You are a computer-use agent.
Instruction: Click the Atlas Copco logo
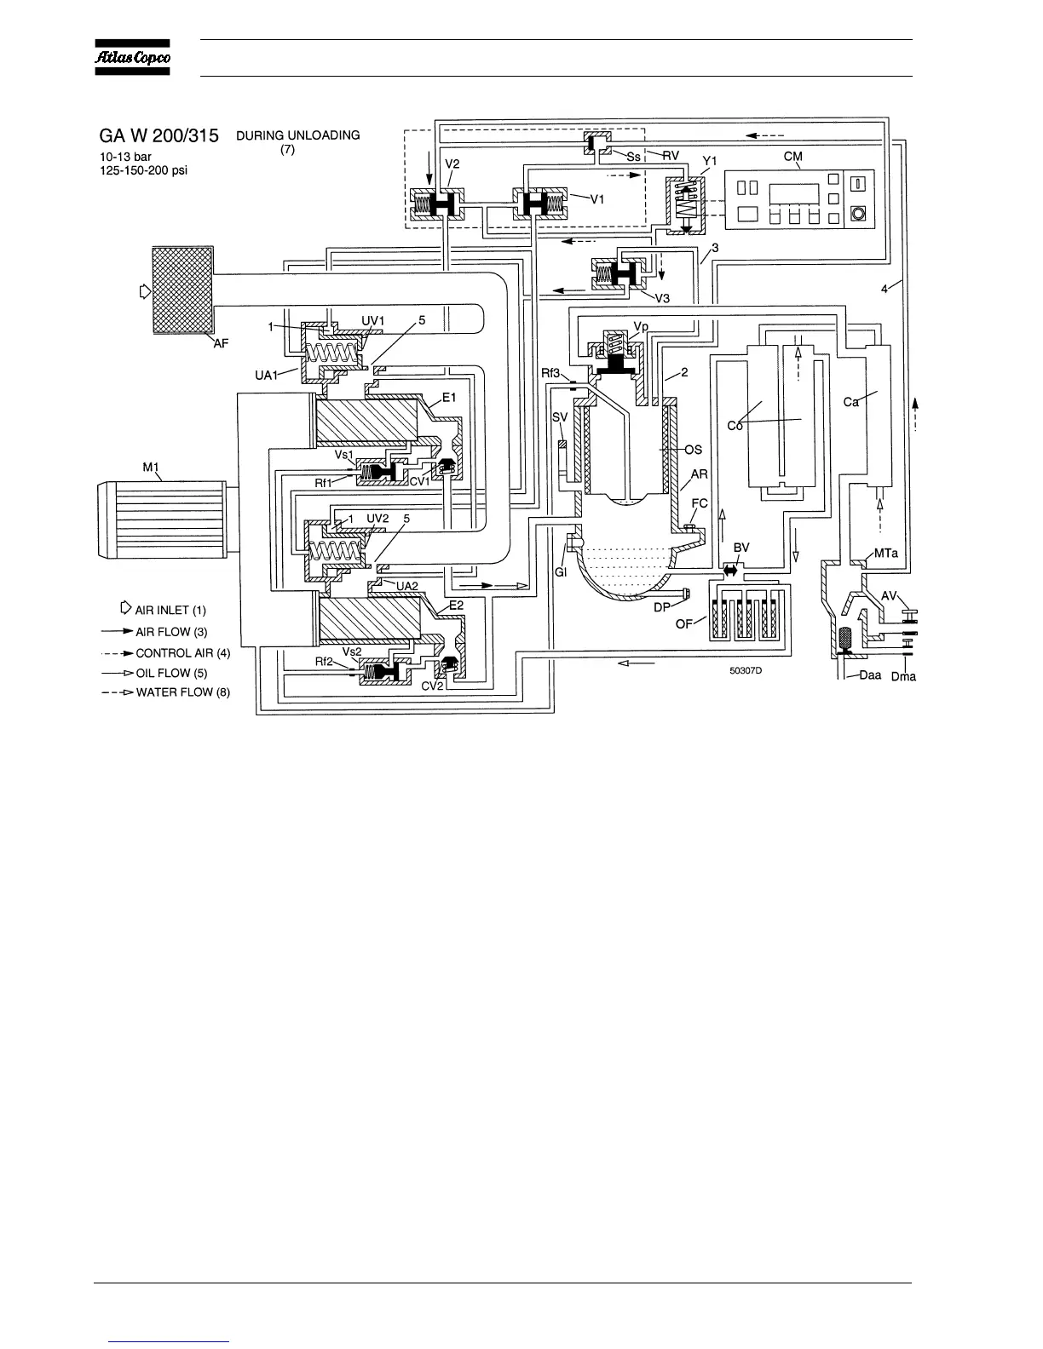pyautogui.click(x=132, y=57)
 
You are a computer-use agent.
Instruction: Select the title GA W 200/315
pyautogui.click(x=158, y=135)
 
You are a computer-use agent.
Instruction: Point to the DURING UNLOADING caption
pyautogui.click(x=297, y=135)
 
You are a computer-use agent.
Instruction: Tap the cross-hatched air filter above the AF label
pyautogui.click(x=182, y=290)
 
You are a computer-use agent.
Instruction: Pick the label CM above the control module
pyautogui.click(x=793, y=157)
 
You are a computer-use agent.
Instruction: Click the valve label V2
pyautogui.click(x=452, y=164)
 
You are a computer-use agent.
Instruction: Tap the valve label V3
pyautogui.click(x=662, y=297)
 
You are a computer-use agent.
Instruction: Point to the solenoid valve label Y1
pyautogui.click(x=709, y=160)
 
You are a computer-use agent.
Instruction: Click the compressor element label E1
pyautogui.click(x=449, y=398)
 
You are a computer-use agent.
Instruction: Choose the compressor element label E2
pyautogui.click(x=456, y=605)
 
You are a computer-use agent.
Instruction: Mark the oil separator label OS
pyautogui.click(x=694, y=450)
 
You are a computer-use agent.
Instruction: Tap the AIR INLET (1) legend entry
pyautogui.click(x=170, y=610)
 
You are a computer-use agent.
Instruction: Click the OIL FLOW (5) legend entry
pyautogui.click(x=171, y=673)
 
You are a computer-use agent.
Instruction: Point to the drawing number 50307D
pyautogui.click(x=746, y=670)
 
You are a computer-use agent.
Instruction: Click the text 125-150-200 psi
pyautogui.click(x=143, y=170)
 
